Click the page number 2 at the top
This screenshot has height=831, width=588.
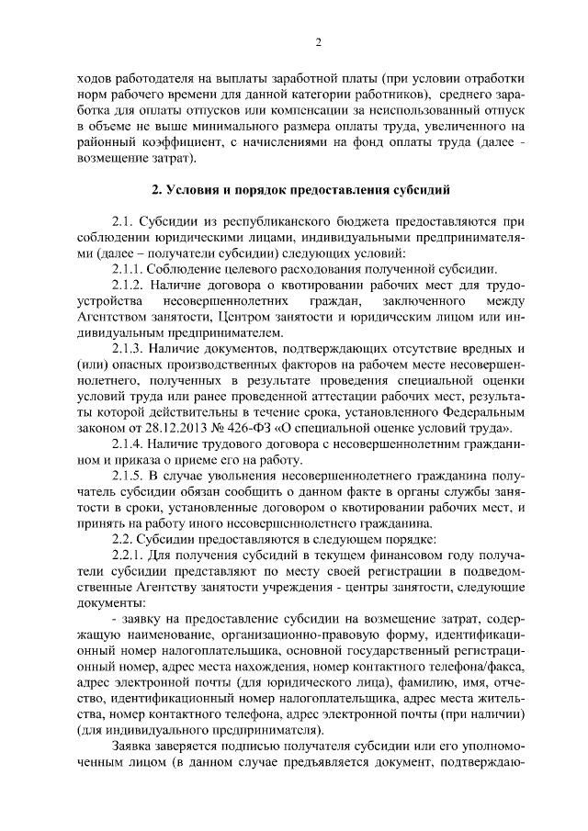click(317, 41)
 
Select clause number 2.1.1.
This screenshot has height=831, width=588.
click(131, 269)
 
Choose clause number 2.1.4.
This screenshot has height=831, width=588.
click(131, 444)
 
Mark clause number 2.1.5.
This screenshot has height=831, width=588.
click(131, 476)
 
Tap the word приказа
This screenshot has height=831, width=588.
click(140, 460)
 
